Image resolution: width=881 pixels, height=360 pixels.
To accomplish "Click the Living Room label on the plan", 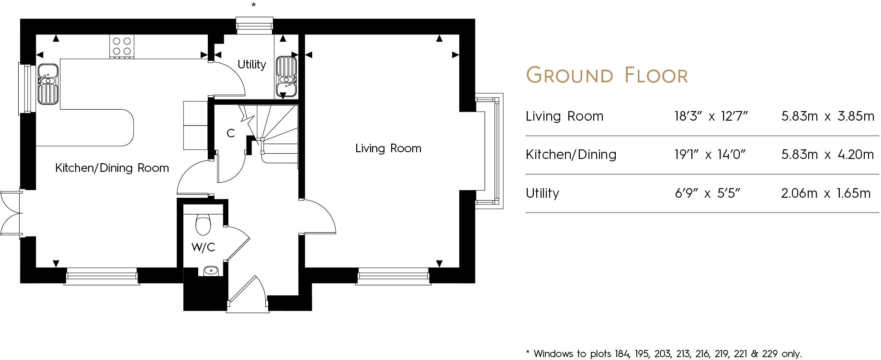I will tap(388, 148).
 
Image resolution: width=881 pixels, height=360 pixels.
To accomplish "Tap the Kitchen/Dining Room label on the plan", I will tap(112, 168).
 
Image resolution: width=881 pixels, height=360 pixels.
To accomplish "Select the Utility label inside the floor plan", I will tap(252, 65).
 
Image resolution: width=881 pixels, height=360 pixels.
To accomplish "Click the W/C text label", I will tap(203, 247).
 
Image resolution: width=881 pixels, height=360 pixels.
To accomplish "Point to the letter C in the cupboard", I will tap(231, 133).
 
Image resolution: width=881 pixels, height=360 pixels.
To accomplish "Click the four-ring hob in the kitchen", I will tap(122, 46).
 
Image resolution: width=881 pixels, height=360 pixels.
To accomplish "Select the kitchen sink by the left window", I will tap(48, 84).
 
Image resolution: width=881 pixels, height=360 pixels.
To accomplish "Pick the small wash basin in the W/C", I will tap(211, 271).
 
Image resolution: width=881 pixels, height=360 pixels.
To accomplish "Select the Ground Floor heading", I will tap(607, 76).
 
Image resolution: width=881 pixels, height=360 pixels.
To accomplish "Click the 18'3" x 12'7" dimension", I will tap(711, 116).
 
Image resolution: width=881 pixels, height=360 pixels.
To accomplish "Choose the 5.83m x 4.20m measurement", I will tap(827, 155).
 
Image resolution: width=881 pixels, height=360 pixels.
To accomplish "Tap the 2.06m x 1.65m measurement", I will tap(825, 193).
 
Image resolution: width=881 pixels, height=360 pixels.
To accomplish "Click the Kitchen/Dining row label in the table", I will tap(571, 155).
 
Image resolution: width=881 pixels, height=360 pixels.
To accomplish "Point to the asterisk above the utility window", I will tap(254, 5).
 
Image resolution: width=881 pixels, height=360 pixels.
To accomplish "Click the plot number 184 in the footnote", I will tap(623, 354).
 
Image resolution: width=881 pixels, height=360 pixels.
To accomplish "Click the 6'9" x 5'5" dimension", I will tap(707, 193).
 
